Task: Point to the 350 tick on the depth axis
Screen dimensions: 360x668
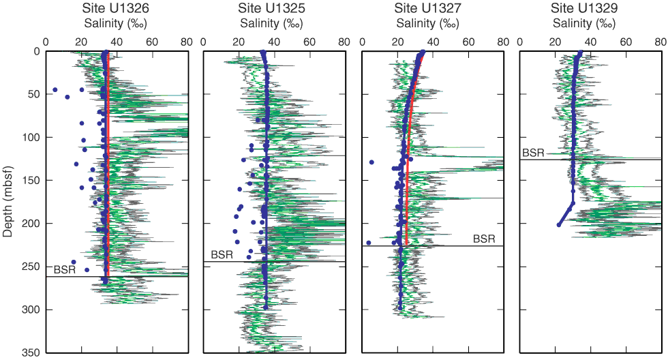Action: [x=32, y=352]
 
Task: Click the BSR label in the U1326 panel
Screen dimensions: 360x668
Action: [x=65, y=271]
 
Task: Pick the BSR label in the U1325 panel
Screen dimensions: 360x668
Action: [x=222, y=255]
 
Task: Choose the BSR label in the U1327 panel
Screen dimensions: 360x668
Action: [x=484, y=239]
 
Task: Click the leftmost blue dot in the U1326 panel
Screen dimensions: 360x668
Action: [x=55, y=90]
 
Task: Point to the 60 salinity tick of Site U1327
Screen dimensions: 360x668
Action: [x=468, y=41]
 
